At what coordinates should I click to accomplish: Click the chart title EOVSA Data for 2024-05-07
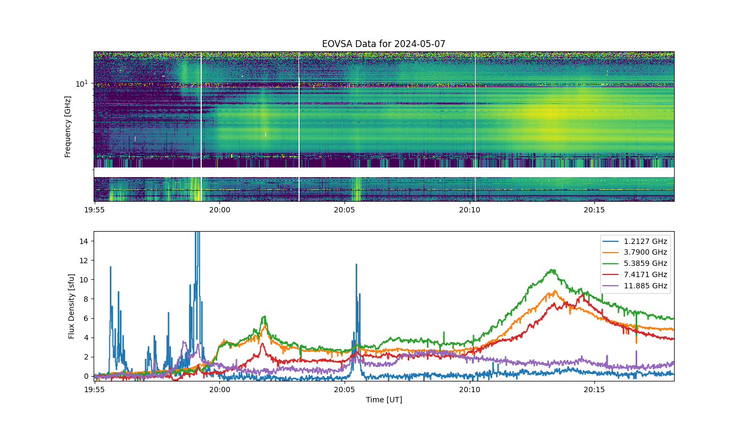point(384,44)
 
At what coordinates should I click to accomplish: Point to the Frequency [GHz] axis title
point(67,127)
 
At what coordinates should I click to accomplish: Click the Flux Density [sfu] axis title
point(71,306)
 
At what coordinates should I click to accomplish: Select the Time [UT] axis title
point(384,400)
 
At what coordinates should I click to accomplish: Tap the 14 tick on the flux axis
point(83,241)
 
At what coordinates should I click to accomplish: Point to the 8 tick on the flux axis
point(86,299)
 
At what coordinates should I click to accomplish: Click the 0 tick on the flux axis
point(86,377)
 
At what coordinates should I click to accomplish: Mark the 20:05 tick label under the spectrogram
point(345,210)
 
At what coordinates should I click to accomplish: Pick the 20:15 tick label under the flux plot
point(594,389)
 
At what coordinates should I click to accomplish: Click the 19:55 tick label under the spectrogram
point(94,210)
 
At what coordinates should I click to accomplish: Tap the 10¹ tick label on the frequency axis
point(81,83)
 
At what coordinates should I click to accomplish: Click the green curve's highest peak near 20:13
point(552,270)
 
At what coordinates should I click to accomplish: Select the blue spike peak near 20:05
point(356,264)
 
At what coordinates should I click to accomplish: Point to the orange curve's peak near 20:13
point(555,291)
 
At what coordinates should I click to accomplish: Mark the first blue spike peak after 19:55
point(110,267)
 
